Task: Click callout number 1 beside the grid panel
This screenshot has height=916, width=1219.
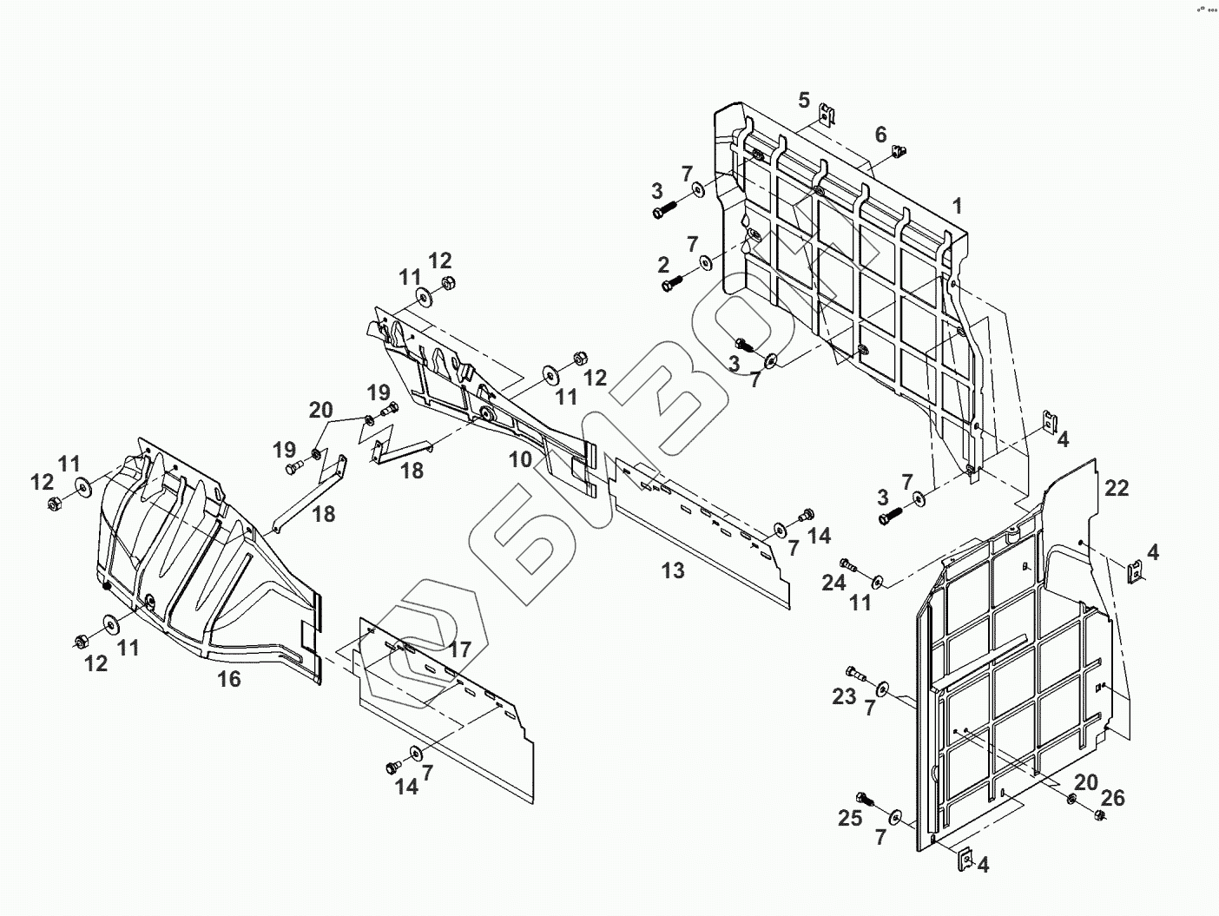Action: click(957, 207)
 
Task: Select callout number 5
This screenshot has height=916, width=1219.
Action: click(804, 99)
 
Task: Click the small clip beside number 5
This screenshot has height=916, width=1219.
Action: click(828, 114)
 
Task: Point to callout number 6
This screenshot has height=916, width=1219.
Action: click(881, 135)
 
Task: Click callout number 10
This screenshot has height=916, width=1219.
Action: click(520, 459)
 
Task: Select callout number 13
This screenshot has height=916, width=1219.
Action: click(673, 570)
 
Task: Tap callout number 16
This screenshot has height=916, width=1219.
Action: click(228, 679)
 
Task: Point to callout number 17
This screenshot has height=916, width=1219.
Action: click(460, 649)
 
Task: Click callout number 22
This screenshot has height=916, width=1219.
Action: click(1117, 488)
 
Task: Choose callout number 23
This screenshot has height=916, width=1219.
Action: click(844, 696)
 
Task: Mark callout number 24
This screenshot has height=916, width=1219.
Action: click(834, 583)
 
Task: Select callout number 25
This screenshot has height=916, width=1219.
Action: click(850, 818)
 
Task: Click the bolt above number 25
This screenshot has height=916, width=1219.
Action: click(865, 798)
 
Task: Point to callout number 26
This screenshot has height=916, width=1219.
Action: click(1112, 797)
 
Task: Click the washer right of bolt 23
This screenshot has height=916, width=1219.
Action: click(882, 689)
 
